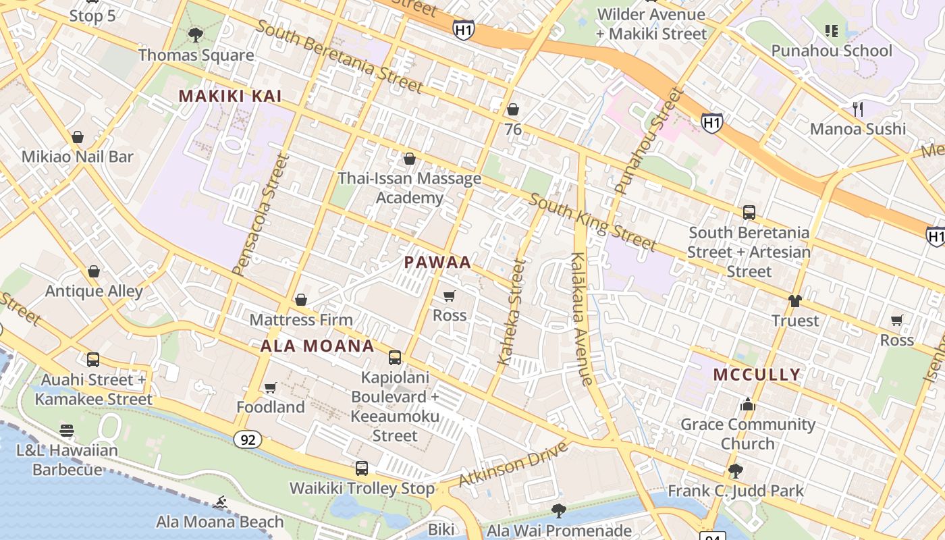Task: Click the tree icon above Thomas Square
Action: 196,34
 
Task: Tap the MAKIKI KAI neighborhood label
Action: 230,97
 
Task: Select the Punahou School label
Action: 831,51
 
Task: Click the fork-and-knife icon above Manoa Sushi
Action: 858,108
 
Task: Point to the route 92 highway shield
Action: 248,440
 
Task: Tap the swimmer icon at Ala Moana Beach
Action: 220,502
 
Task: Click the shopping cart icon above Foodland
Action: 271,387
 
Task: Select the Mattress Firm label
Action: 301,319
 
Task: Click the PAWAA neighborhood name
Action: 437,263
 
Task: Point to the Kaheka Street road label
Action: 511,312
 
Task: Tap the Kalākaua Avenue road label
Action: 582,319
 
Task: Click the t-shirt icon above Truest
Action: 795,301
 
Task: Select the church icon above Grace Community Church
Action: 747,404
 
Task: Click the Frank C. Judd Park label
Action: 736,491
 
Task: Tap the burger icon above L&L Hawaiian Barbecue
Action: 67,430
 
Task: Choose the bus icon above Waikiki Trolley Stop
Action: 362,468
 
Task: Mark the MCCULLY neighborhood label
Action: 757,375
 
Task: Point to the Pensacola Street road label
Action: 261,215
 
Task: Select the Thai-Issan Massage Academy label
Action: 409,188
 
